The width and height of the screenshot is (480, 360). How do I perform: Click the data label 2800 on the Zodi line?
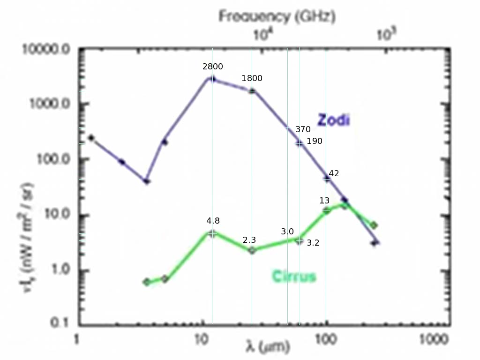pos(212,67)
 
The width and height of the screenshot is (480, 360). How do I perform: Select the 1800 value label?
pos(252,78)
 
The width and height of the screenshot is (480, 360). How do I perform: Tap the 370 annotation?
pos(303,129)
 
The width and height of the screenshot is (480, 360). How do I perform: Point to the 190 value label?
pos(314,141)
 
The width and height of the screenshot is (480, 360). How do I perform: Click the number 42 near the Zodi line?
pos(334,173)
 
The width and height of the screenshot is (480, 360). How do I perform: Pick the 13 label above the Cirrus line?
pos(324,201)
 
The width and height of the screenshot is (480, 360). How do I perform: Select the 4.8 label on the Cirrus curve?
pos(213,221)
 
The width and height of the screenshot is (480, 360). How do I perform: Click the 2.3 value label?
pos(249,240)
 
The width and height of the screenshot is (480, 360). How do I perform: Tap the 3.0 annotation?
pos(287,232)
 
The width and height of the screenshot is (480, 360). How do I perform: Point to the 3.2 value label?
pos(313,243)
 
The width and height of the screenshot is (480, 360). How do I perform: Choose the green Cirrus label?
pos(294,276)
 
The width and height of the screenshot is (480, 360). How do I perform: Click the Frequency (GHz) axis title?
pos(277,17)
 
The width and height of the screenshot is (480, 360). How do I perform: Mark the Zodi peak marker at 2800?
pos(212,79)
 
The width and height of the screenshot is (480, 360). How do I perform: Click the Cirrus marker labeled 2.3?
pos(252,250)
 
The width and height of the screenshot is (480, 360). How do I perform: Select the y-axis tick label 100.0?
pos(52,160)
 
